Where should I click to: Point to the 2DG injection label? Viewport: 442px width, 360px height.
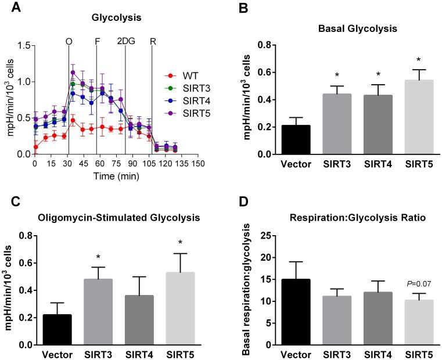click(125, 41)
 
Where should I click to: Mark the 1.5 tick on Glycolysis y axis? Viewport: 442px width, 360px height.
click(24, 45)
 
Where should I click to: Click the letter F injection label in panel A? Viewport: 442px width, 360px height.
click(96, 41)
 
